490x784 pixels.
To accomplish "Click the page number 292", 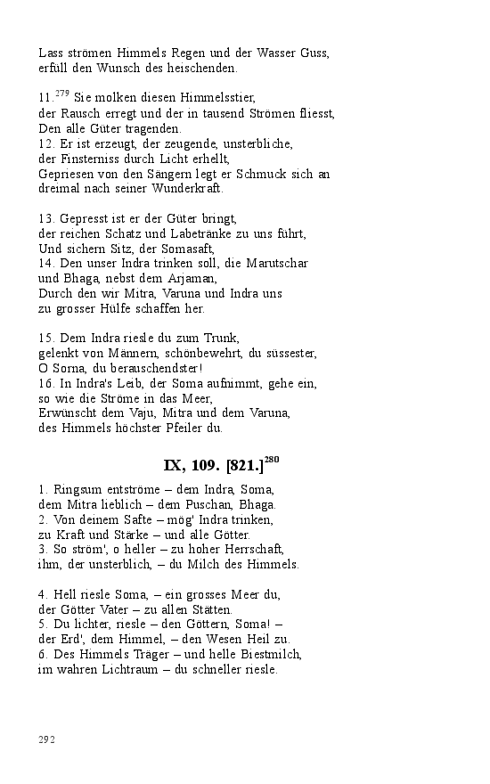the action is [47, 739].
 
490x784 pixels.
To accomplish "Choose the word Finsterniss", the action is [87, 159].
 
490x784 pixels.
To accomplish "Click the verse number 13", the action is [46, 218].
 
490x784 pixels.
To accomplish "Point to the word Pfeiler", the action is [183, 428].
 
